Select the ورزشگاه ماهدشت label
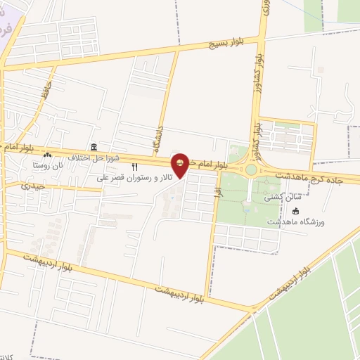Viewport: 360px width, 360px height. [x=295, y=222]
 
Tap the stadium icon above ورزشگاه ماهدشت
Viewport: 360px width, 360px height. [x=295, y=211]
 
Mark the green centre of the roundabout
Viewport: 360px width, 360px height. [x=251, y=169]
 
